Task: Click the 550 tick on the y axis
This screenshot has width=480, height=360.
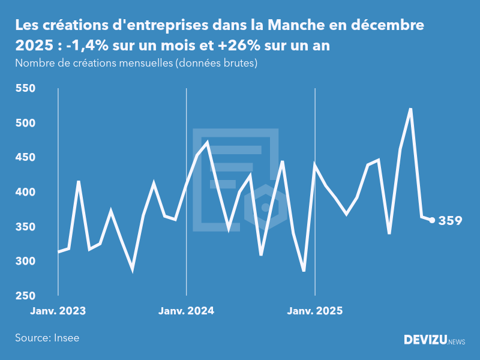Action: point(26,89)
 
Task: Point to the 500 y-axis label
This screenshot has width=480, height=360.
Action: point(26,123)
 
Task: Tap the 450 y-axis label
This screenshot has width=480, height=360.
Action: point(26,158)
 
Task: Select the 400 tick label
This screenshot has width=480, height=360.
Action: point(26,192)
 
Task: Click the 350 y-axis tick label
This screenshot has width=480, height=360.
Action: point(26,227)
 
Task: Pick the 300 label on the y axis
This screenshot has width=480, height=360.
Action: point(26,261)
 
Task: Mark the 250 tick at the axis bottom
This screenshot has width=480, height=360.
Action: point(26,296)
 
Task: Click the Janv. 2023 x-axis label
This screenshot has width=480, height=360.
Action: point(58,311)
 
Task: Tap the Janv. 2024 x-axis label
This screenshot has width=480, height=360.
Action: point(186,311)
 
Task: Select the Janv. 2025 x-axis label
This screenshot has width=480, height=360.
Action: point(315,311)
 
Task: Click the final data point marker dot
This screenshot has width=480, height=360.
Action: point(432,220)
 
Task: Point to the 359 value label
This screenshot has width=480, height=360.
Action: point(450,221)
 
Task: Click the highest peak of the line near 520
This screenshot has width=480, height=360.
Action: point(410,109)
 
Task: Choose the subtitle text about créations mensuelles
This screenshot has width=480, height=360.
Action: point(136,64)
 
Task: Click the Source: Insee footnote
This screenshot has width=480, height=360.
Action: point(47,338)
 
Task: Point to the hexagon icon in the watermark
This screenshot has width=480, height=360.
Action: point(265,207)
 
